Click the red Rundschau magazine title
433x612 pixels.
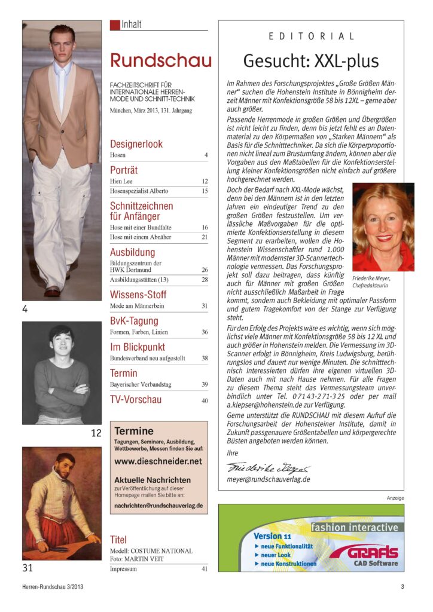[160, 61]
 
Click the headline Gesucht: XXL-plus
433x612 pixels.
[310, 61]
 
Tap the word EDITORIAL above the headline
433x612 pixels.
[311, 36]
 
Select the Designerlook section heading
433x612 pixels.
[136, 144]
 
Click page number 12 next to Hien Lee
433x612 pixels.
[205, 180]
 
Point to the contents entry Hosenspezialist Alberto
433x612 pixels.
[139, 191]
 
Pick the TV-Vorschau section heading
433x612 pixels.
[136, 399]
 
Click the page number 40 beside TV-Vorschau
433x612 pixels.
[205, 400]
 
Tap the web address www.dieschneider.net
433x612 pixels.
[158, 461]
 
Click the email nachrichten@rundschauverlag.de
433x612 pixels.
[158, 505]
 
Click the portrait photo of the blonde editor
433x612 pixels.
[383, 227]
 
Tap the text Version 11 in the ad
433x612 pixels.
[272, 536]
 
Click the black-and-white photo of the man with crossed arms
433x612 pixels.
[62, 373]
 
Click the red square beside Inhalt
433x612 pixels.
[114, 25]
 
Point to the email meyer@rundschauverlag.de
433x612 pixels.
[269, 479]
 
